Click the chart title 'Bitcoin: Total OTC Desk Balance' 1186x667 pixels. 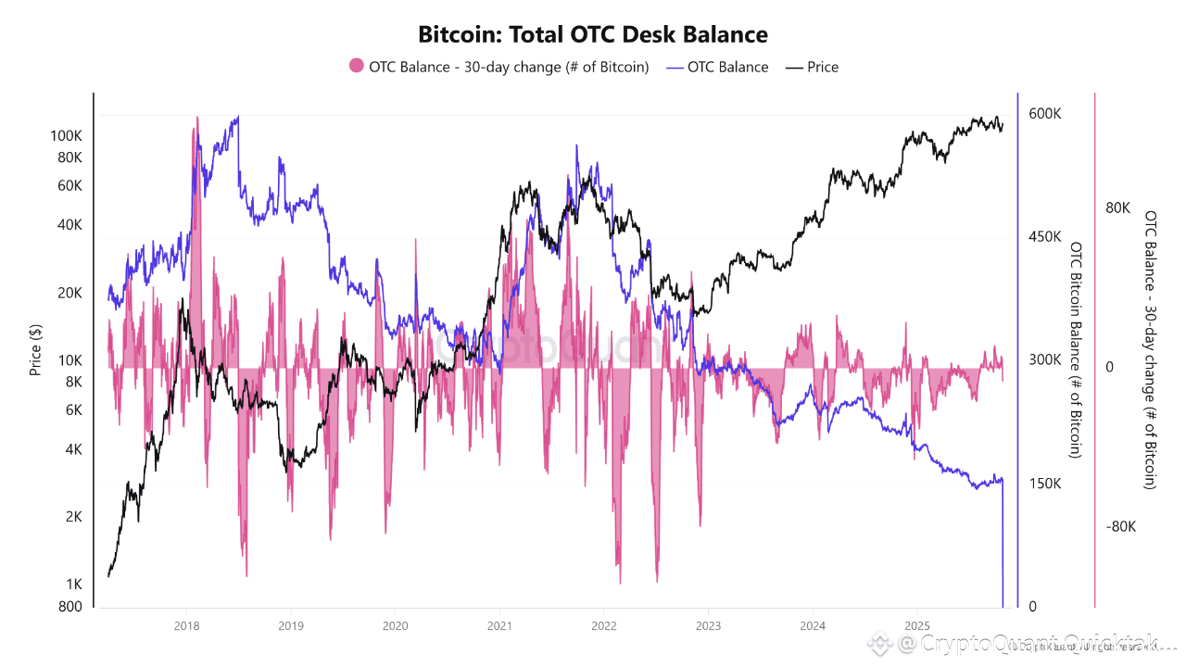click(593, 35)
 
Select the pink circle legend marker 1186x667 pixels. click(357, 67)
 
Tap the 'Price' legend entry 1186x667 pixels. click(822, 67)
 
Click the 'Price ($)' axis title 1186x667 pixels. click(35, 349)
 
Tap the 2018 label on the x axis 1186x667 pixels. click(186, 625)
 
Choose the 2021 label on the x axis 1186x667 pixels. click(499, 625)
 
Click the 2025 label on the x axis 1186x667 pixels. click(916, 625)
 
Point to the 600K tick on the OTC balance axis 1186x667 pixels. click(1044, 113)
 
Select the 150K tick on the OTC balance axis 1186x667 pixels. click(1044, 484)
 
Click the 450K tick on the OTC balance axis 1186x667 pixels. click(1044, 236)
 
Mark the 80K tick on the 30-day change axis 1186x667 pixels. click(1117, 208)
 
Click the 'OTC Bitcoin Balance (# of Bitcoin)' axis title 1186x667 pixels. click(1076, 349)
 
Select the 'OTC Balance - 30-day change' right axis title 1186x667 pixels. click(1151, 349)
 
